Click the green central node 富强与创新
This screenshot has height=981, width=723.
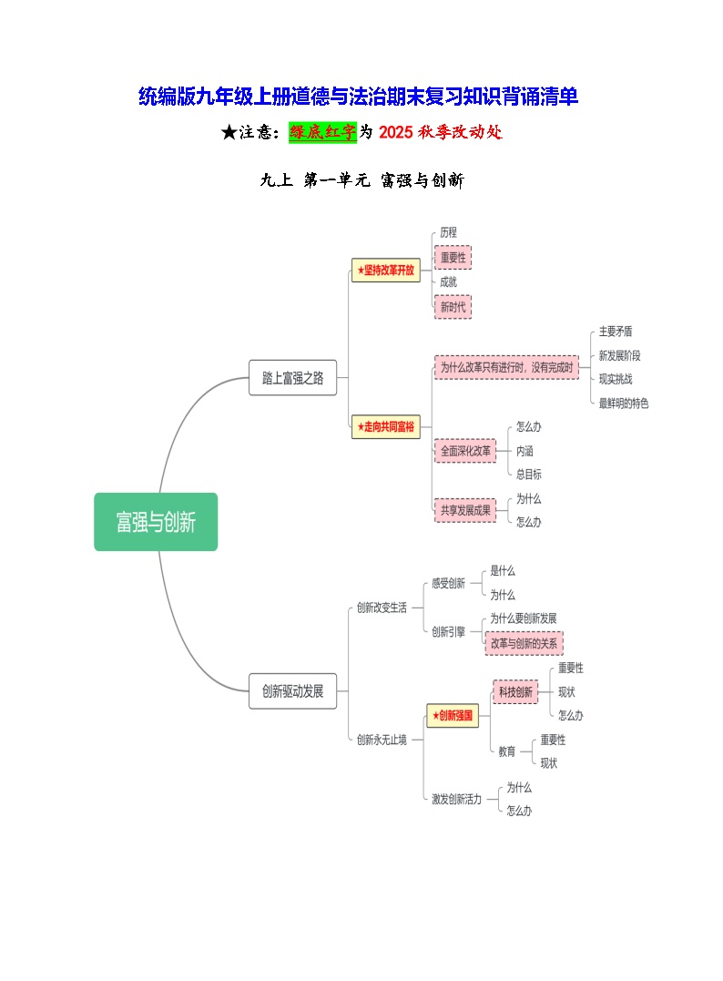pyautogui.click(x=156, y=522)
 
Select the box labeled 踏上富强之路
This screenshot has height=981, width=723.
pyautogui.click(x=292, y=378)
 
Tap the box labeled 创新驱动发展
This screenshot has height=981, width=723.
pyautogui.click(x=292, y=690)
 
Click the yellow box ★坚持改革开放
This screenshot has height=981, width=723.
pyautogui.click(x=386, y=270)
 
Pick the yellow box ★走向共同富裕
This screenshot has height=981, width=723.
pyautogui.click(x=386, y=425)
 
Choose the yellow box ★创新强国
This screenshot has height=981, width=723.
pyautogui.click(x=453, y=716)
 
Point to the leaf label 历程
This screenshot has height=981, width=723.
pyautogui.click(x=448, y=232)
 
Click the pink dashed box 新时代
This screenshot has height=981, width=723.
pyautogui.click(x=453, y=307)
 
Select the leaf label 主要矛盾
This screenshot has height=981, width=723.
pyautogui.click(x=616, y=332)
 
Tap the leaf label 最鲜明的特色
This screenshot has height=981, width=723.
pyautogui.click(x=624, y=403)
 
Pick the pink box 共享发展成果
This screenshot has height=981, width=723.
pyautogui.click(x=465, y=510)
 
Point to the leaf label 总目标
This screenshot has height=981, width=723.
pyautogui.click(x=529, y=475)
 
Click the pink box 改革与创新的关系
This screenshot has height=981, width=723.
pyautogui.click(x=524, y=642)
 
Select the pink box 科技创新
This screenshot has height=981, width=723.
pyautogui.click(x=515, y=692)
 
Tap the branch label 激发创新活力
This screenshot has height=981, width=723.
pyautogui.click(x=456, y=799)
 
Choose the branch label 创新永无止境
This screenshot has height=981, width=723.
pyautogui.click(x=382, y=740)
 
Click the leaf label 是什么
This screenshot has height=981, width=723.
pyautogui.click(x=503, y=571)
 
